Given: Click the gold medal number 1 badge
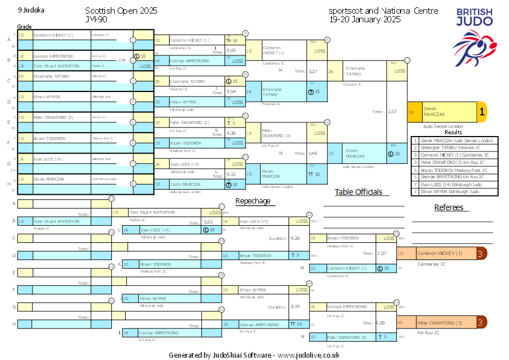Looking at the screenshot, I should click(x=482, y=113).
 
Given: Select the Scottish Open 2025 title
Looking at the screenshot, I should click(x=121, y=11).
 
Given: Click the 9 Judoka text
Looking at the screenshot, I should click(x=31, y=10).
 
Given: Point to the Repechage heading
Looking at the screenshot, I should click(x=253, y=201).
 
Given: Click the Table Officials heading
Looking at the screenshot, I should click(x=358, y=192).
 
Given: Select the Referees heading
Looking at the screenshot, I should click(x=448, y=207).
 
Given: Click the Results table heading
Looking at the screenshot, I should click(x=453, y=132).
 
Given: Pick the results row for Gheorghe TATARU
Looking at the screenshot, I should click(x=454, y=147).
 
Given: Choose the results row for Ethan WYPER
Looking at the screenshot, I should click(x=454, y=191).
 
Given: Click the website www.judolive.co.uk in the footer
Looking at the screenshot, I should click(x=308, y=355).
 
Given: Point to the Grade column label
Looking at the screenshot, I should click(x=25, y=27).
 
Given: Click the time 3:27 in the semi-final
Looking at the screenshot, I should click(x=312, y=71).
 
